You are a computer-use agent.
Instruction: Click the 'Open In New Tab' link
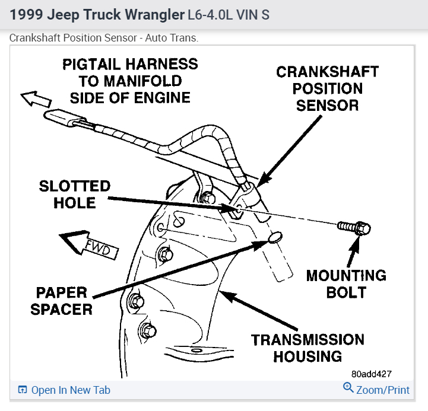click(70, 390)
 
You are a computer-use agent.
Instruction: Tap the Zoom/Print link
click(382, 390)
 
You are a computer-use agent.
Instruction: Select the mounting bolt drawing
click(354, 227)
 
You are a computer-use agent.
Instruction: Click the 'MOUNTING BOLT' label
click(346, 283)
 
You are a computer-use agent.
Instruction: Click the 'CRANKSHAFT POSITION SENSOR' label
click(327, 89)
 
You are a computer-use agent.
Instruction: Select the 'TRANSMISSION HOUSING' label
click(307, 348)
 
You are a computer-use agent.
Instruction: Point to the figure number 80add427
click(371, 374)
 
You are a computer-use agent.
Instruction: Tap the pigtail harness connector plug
click(66, 119)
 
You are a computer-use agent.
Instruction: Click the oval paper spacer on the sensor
click(274, 238)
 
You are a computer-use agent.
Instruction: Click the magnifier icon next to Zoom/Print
click(348, 388)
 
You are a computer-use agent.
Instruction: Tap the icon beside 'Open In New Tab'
click(23, 390)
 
